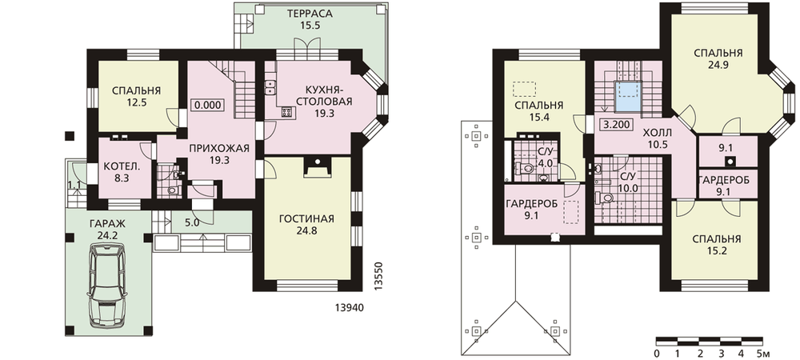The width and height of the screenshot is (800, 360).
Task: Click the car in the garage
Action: click(108, 285)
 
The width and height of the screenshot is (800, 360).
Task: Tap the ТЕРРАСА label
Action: click(309, 14)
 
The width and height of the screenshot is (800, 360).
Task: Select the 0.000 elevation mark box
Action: click(208, 105)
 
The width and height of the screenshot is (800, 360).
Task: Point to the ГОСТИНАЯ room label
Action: click(306, 218)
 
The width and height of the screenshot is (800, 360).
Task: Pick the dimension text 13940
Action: click(351, 307)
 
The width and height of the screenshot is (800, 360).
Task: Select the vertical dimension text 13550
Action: click(378, 276)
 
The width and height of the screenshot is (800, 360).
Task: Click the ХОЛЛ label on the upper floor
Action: click(657, 133)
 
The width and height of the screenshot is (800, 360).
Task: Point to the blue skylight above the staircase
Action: click(627, 97)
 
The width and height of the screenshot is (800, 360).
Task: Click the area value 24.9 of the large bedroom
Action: click(718, 65)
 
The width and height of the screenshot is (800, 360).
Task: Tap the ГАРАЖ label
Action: click(108, 223)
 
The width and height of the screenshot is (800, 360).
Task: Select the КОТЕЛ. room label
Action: click(122, 166)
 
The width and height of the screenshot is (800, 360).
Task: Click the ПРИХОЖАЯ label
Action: click(219, 148)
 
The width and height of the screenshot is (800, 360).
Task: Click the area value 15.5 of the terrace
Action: click(310, 26)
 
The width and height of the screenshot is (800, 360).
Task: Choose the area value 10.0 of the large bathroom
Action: click(628, 187)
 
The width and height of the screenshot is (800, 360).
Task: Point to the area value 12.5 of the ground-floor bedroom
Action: click(137, 102)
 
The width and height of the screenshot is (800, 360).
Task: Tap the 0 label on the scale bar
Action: click(656, 353)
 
